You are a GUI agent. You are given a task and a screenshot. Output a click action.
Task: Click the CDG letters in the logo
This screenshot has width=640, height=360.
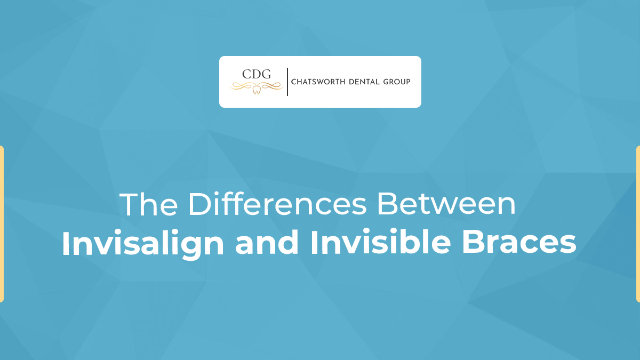pyautogui.click(x=257, y=74)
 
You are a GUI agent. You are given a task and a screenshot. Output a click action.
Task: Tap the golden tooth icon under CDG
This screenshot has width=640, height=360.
pyautogui.click(x=257, y=89)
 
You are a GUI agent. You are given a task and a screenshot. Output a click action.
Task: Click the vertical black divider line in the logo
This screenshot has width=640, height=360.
pyautogui.click(x=287, y=82)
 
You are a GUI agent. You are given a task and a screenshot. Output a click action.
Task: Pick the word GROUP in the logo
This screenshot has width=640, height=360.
pyautogui.click(x=397, y=82)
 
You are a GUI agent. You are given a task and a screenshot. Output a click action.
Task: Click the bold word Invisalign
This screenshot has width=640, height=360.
pyautogui.click(x=143, y=243)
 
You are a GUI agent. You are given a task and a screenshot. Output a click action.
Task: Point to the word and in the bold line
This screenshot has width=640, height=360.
pyautogui.click(x=267, y=242)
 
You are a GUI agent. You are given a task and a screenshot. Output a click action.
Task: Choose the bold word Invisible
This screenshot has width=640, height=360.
pyautogui.click(x=381, y=242)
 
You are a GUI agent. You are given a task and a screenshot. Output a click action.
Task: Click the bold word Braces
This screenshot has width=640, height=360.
pyautogui.click(x=519, y=242)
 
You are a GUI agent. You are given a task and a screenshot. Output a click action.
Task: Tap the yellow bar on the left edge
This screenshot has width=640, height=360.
pyautogui.click(x=2, y=224)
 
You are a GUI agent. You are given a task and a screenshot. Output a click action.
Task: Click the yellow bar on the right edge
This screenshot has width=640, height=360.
pyautogui.click(x=638, y=224)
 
